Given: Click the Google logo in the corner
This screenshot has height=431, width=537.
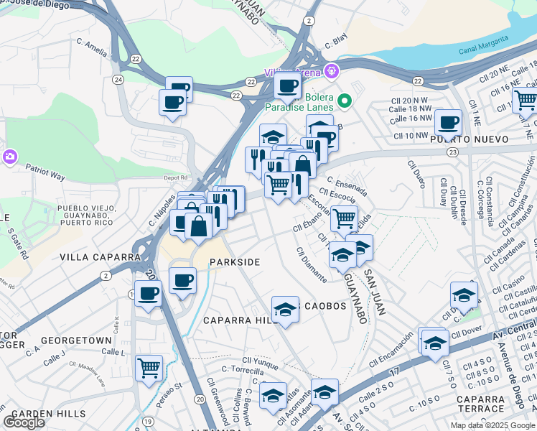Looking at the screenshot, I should (24, 422).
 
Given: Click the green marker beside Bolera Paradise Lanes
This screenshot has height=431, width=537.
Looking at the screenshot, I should (345, 101).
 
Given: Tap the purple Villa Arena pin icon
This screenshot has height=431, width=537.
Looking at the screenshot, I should (330, 71).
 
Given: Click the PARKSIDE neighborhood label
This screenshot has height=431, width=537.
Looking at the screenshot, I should (234, 262).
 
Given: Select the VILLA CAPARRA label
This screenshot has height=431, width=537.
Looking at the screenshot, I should (101, 256).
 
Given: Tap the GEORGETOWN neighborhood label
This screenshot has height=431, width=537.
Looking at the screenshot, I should (76, 340).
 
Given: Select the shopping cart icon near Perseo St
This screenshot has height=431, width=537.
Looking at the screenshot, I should (149, 368).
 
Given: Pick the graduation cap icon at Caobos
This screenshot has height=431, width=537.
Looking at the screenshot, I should (286, 309).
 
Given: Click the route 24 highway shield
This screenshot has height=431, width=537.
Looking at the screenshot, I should (118, 79).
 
